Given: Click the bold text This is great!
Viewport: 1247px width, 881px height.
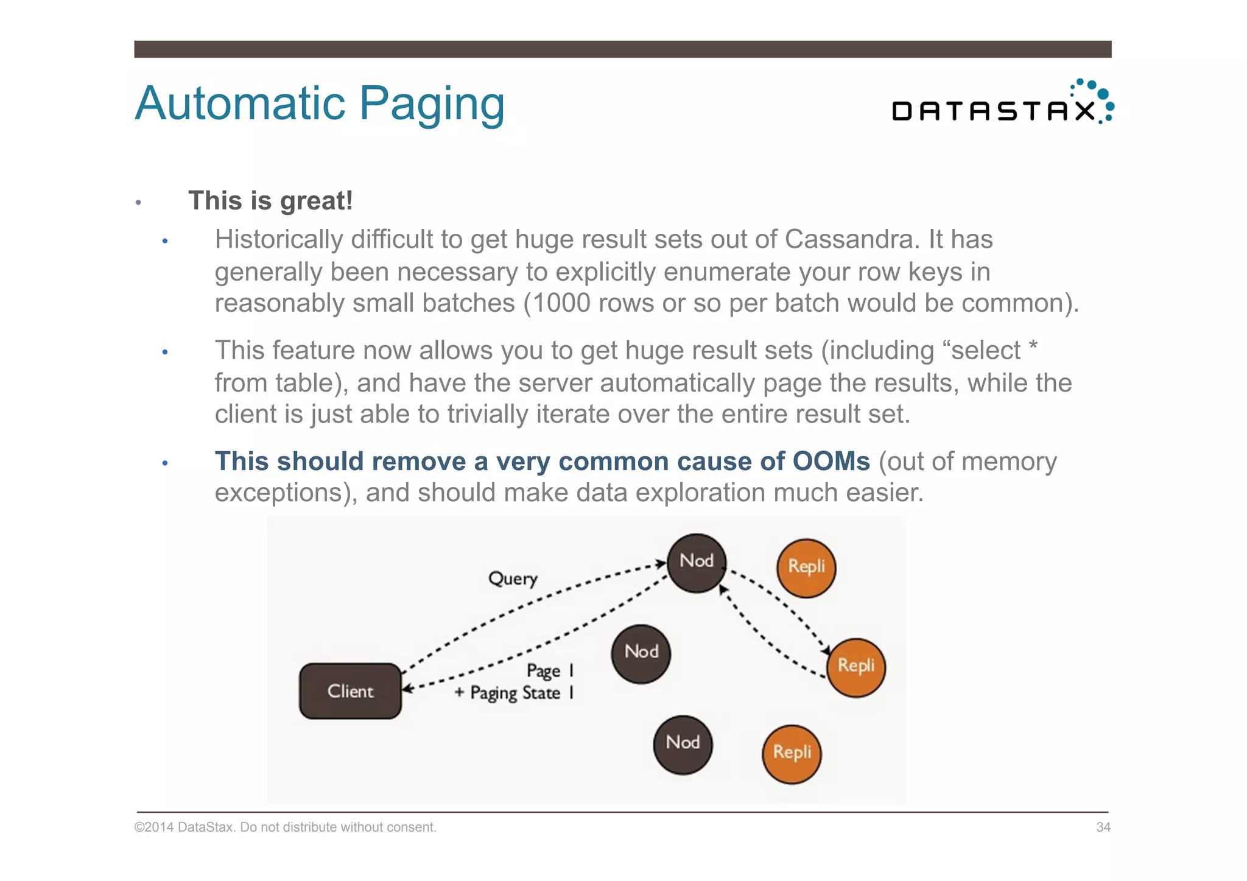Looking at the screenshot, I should (x=270, y=201).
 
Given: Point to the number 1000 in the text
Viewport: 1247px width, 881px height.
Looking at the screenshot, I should (x=561, y=303).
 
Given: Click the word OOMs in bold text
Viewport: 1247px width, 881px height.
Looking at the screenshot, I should (x=831, y=462).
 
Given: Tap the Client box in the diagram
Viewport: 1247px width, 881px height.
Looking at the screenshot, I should (x=350, y=691).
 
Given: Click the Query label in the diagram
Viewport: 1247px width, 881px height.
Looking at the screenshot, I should (x=513, y=578).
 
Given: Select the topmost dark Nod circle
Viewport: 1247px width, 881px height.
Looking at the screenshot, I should (x=696, y=563).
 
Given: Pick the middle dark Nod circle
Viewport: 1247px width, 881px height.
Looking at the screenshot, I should (x=641, y=653).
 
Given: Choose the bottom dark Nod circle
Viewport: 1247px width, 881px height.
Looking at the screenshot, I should (x=683, y=744).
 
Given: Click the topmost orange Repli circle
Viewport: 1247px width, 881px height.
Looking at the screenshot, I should (x=806, y=567).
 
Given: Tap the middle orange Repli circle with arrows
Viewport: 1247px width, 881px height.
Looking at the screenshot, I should (x=855, y=667).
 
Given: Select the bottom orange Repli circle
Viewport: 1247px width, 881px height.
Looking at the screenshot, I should (x=792, y=754).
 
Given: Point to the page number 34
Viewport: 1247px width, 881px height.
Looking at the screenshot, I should (x=1103, y=827).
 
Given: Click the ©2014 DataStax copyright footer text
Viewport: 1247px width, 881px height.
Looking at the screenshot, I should (x=285, y=827).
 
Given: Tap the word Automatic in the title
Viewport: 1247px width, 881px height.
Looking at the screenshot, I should (x=241, y=104).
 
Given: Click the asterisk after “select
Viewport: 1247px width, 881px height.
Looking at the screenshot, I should (x=1033, y=348).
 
